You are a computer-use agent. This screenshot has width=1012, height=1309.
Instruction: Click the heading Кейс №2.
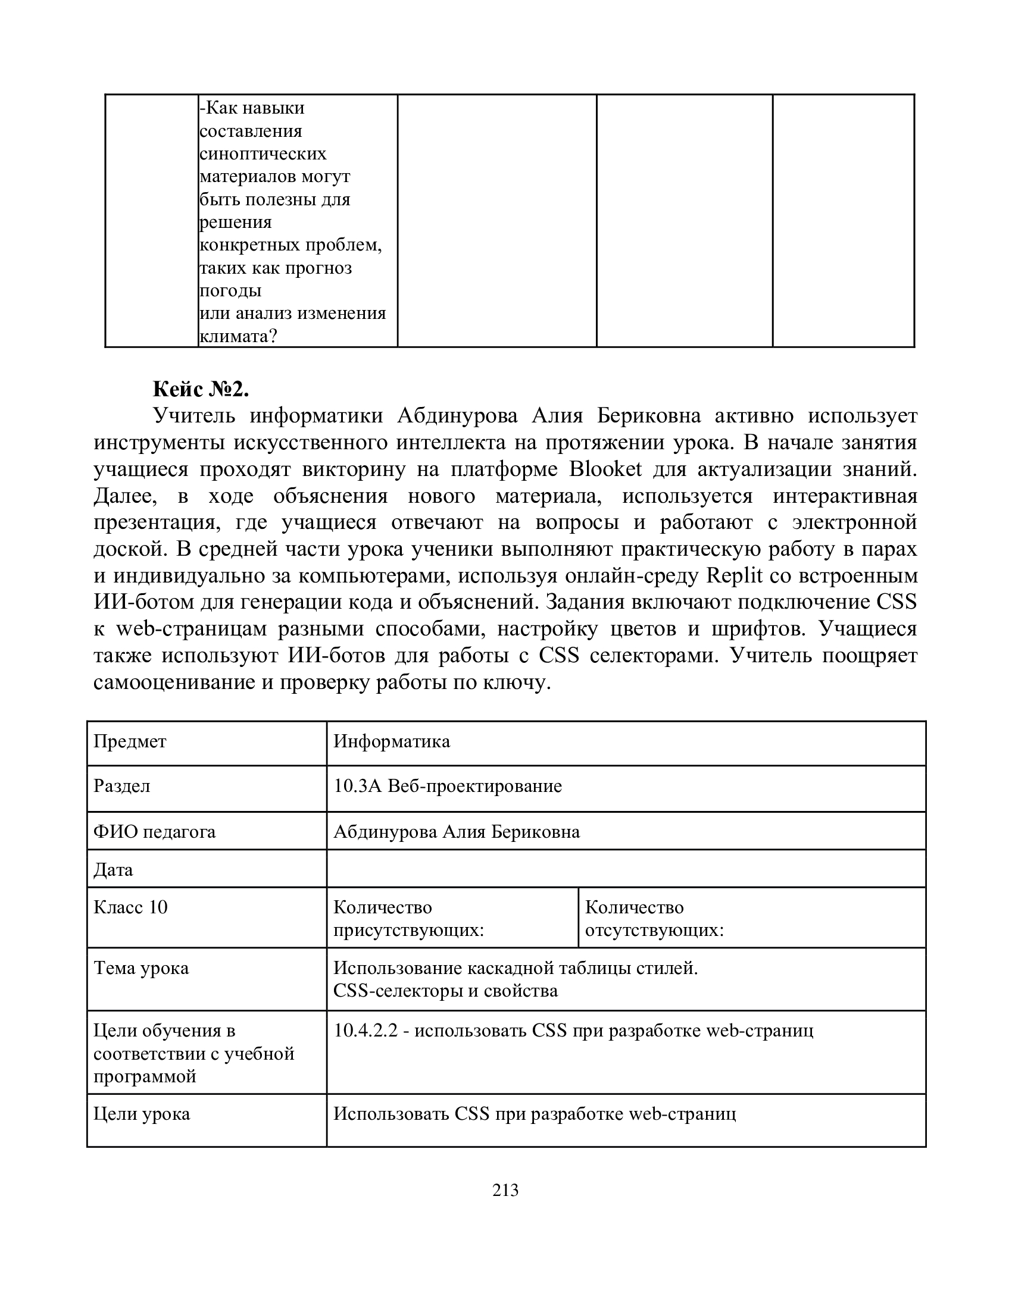tap(200, 390)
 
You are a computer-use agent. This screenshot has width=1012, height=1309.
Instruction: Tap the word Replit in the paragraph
tap(735, 576)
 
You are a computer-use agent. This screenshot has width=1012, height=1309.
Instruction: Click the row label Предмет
tap(130, 741)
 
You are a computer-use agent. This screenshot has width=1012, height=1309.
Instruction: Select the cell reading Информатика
tap(392, 741)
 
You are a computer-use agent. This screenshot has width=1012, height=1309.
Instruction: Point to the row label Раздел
tap(121, 786)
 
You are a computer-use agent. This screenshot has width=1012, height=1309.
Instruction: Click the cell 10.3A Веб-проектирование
tap(447, 786)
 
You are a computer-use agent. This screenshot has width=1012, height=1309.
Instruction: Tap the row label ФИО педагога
tap(155, 832)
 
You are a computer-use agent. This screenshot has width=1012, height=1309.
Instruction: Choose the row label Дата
tap(113, 870)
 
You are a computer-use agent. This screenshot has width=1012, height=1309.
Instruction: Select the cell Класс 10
tap(131, 907)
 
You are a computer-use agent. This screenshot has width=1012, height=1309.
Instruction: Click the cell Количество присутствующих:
tap(408, 918)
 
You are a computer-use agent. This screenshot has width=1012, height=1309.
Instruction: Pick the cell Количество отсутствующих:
tap(654, 918)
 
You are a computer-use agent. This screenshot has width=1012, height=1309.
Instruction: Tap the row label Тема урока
tap(142, 968)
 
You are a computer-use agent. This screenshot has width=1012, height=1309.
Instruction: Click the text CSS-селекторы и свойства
tap(445, 991)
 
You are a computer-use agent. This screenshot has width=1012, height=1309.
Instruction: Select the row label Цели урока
tap(142, 1114)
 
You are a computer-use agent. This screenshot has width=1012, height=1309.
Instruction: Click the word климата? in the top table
tap(239, 336)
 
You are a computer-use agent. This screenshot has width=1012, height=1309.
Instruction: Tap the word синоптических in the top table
tap(263, 154)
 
